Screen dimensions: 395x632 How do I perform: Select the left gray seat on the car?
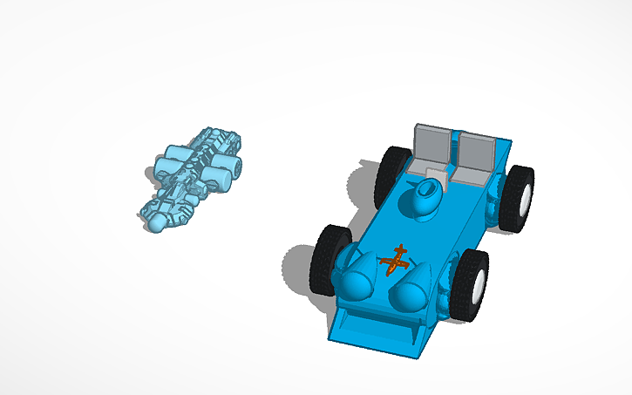[433, 148]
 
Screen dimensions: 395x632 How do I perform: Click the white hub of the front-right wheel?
[479, 285]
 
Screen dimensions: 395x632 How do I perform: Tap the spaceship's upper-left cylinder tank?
[168, 163]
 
